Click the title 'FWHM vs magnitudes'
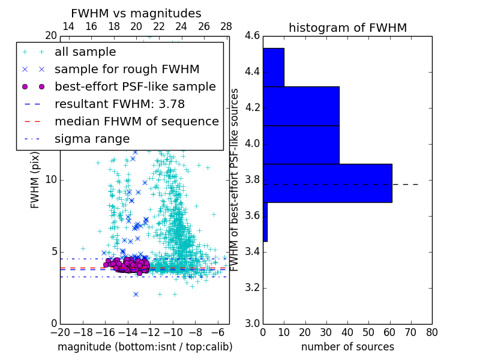(136, 13)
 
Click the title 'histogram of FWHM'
(347, 28)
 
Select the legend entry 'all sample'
(85, 52)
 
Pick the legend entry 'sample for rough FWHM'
(127, 70)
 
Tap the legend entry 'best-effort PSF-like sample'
(135, 87)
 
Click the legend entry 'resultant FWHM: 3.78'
(119, 104)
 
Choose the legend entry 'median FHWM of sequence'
(136, 122)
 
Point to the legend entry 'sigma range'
(92, 139)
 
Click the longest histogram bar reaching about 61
(327, 183)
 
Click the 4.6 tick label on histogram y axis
(253, 36)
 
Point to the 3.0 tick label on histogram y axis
(253, 323)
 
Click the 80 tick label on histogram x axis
(431, 332)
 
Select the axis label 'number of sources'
(347, 347)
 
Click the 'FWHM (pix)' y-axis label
(35, 179)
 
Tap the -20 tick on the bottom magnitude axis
(60, 332)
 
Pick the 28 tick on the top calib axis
(226, 26)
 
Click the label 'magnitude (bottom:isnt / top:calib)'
(145, 347)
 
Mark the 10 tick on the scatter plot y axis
(51, 180)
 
